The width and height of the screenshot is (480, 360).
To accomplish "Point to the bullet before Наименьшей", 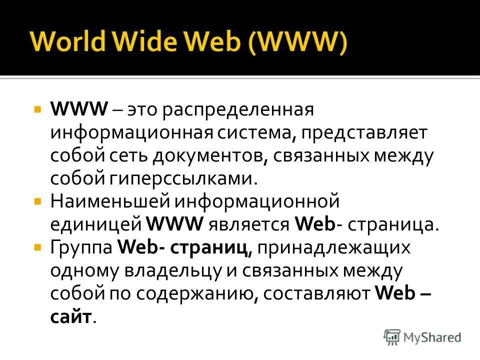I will tap(37, 201).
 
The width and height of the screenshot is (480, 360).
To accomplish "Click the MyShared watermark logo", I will tap(422, 337).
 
